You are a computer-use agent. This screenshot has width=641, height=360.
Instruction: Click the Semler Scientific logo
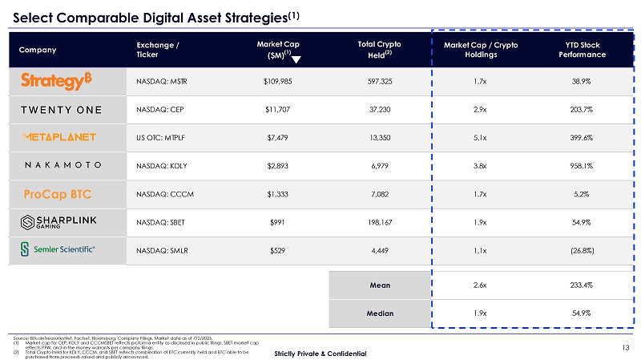(x=58, y=251)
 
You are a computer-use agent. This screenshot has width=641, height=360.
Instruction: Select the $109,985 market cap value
(x=278, y=81)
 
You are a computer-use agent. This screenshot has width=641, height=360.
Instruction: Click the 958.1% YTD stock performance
(x=581, y=166)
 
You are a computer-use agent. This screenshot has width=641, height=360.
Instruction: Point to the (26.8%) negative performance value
(x=581, y=251)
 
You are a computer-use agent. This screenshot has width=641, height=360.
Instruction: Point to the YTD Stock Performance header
(x=581, y=49)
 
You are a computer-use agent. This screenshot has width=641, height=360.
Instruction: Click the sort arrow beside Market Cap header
(x=296, y=59)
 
